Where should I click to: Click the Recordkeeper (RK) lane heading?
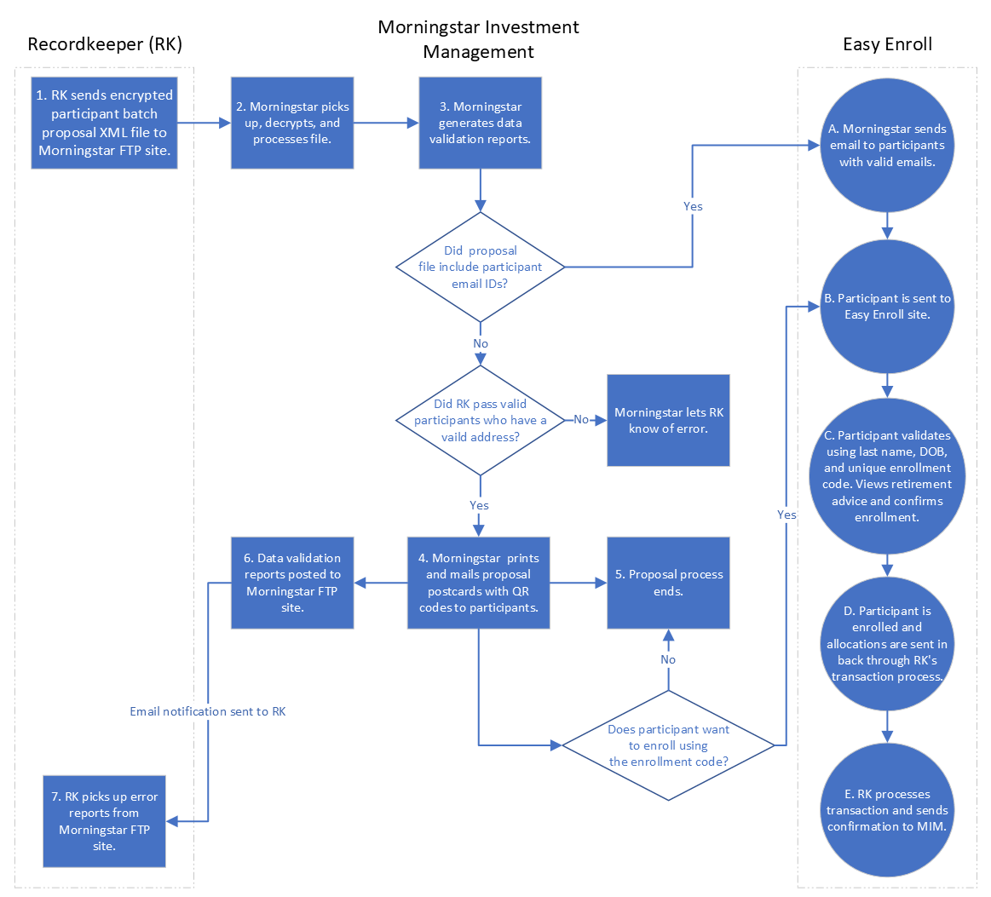point(105,44)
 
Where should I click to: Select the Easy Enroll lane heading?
point(887,44)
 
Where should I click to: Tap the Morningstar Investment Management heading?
point(478,39)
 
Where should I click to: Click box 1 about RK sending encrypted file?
point(104,123)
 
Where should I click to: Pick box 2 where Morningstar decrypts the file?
point(292,123)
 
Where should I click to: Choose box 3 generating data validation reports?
point(480,123)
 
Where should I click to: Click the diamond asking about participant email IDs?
point(481,267)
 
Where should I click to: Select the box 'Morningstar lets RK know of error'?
point(668,420)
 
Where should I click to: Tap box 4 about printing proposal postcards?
point(478,583)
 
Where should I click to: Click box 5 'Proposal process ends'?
point(668,583)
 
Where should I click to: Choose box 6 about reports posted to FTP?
point(292,583)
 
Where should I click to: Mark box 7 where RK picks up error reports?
point(104,820)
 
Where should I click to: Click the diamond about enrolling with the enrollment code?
point(668,745)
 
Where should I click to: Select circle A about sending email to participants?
point(887,145)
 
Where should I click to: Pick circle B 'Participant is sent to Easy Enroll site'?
point(887,307)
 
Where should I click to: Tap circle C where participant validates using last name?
point(887,475)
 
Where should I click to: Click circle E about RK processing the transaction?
point(887,809)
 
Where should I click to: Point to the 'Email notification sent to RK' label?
point(208,711)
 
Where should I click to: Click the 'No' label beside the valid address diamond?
point(581,420)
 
